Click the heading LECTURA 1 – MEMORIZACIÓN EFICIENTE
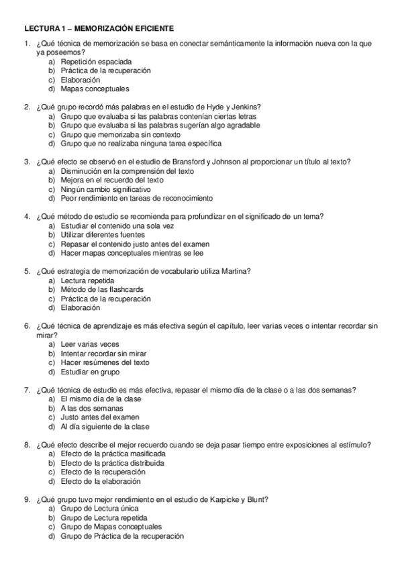coord(99,30)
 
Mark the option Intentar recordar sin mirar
coord(103,353)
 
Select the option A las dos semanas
coord(91,408)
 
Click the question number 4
coord(26,216)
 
